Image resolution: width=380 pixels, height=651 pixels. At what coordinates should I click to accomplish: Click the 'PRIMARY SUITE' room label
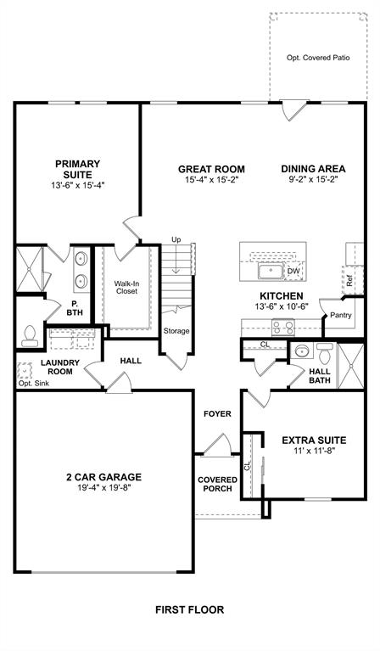click(77, 169)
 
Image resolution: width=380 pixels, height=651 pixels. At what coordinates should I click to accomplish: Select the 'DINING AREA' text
click(314, 168)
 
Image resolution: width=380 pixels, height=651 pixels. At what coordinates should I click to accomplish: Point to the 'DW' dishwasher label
click(293, 272)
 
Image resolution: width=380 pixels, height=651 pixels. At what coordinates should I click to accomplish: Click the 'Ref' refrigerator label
click(347, 278)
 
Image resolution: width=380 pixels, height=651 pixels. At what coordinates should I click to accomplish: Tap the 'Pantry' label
click(341, 316)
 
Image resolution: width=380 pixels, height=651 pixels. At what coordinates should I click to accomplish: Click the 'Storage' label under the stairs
click(176, 331)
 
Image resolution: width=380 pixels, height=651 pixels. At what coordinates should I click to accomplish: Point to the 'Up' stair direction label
click(176, 239)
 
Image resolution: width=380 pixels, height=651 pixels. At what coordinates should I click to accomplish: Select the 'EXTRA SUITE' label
click(314, 440)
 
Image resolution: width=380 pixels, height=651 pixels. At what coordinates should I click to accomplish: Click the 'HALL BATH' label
click(320, 376)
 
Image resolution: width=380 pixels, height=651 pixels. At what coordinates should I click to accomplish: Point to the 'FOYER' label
click(216, 413)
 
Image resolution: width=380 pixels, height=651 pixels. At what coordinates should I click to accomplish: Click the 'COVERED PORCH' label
click(217, 485)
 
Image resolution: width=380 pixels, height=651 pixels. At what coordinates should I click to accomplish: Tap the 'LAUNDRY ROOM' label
click(60, 368)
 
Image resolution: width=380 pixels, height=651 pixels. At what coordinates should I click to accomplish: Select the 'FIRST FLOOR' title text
click(189, 609)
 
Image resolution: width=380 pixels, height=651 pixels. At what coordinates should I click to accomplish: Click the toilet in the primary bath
click(29, 336)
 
